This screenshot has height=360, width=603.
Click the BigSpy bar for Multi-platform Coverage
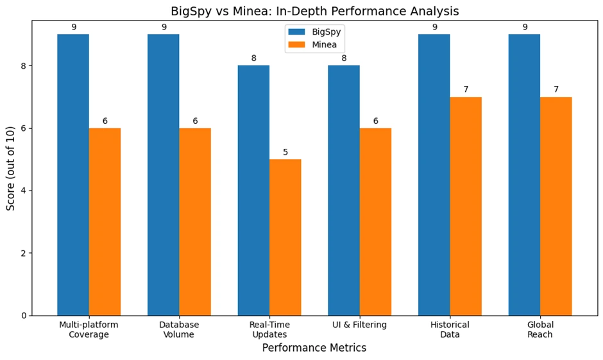(73, 175)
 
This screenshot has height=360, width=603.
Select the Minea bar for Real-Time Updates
(285, 237)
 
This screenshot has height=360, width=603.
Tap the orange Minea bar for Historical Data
(466, 206)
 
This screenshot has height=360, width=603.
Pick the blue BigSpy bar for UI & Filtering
(344, 191)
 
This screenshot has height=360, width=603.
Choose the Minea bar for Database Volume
(195, 221)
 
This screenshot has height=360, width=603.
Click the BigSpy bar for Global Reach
(524, 175)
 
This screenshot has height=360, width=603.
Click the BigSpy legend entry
(314, 31)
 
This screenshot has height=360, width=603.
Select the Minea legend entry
(314, 45)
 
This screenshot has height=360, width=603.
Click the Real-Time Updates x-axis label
(269, 330)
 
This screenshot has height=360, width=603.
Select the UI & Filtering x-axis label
(359, 325)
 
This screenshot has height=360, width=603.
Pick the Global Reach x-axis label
(540, 330)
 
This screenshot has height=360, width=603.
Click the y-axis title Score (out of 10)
(11, 168)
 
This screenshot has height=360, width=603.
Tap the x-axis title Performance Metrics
(314, 348)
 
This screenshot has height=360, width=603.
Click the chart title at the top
(314, 12)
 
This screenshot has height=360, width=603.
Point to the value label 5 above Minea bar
(285, 153)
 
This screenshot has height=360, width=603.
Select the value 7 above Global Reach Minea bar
(556, 90)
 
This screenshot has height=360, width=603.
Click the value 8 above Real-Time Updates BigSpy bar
(253, 58)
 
